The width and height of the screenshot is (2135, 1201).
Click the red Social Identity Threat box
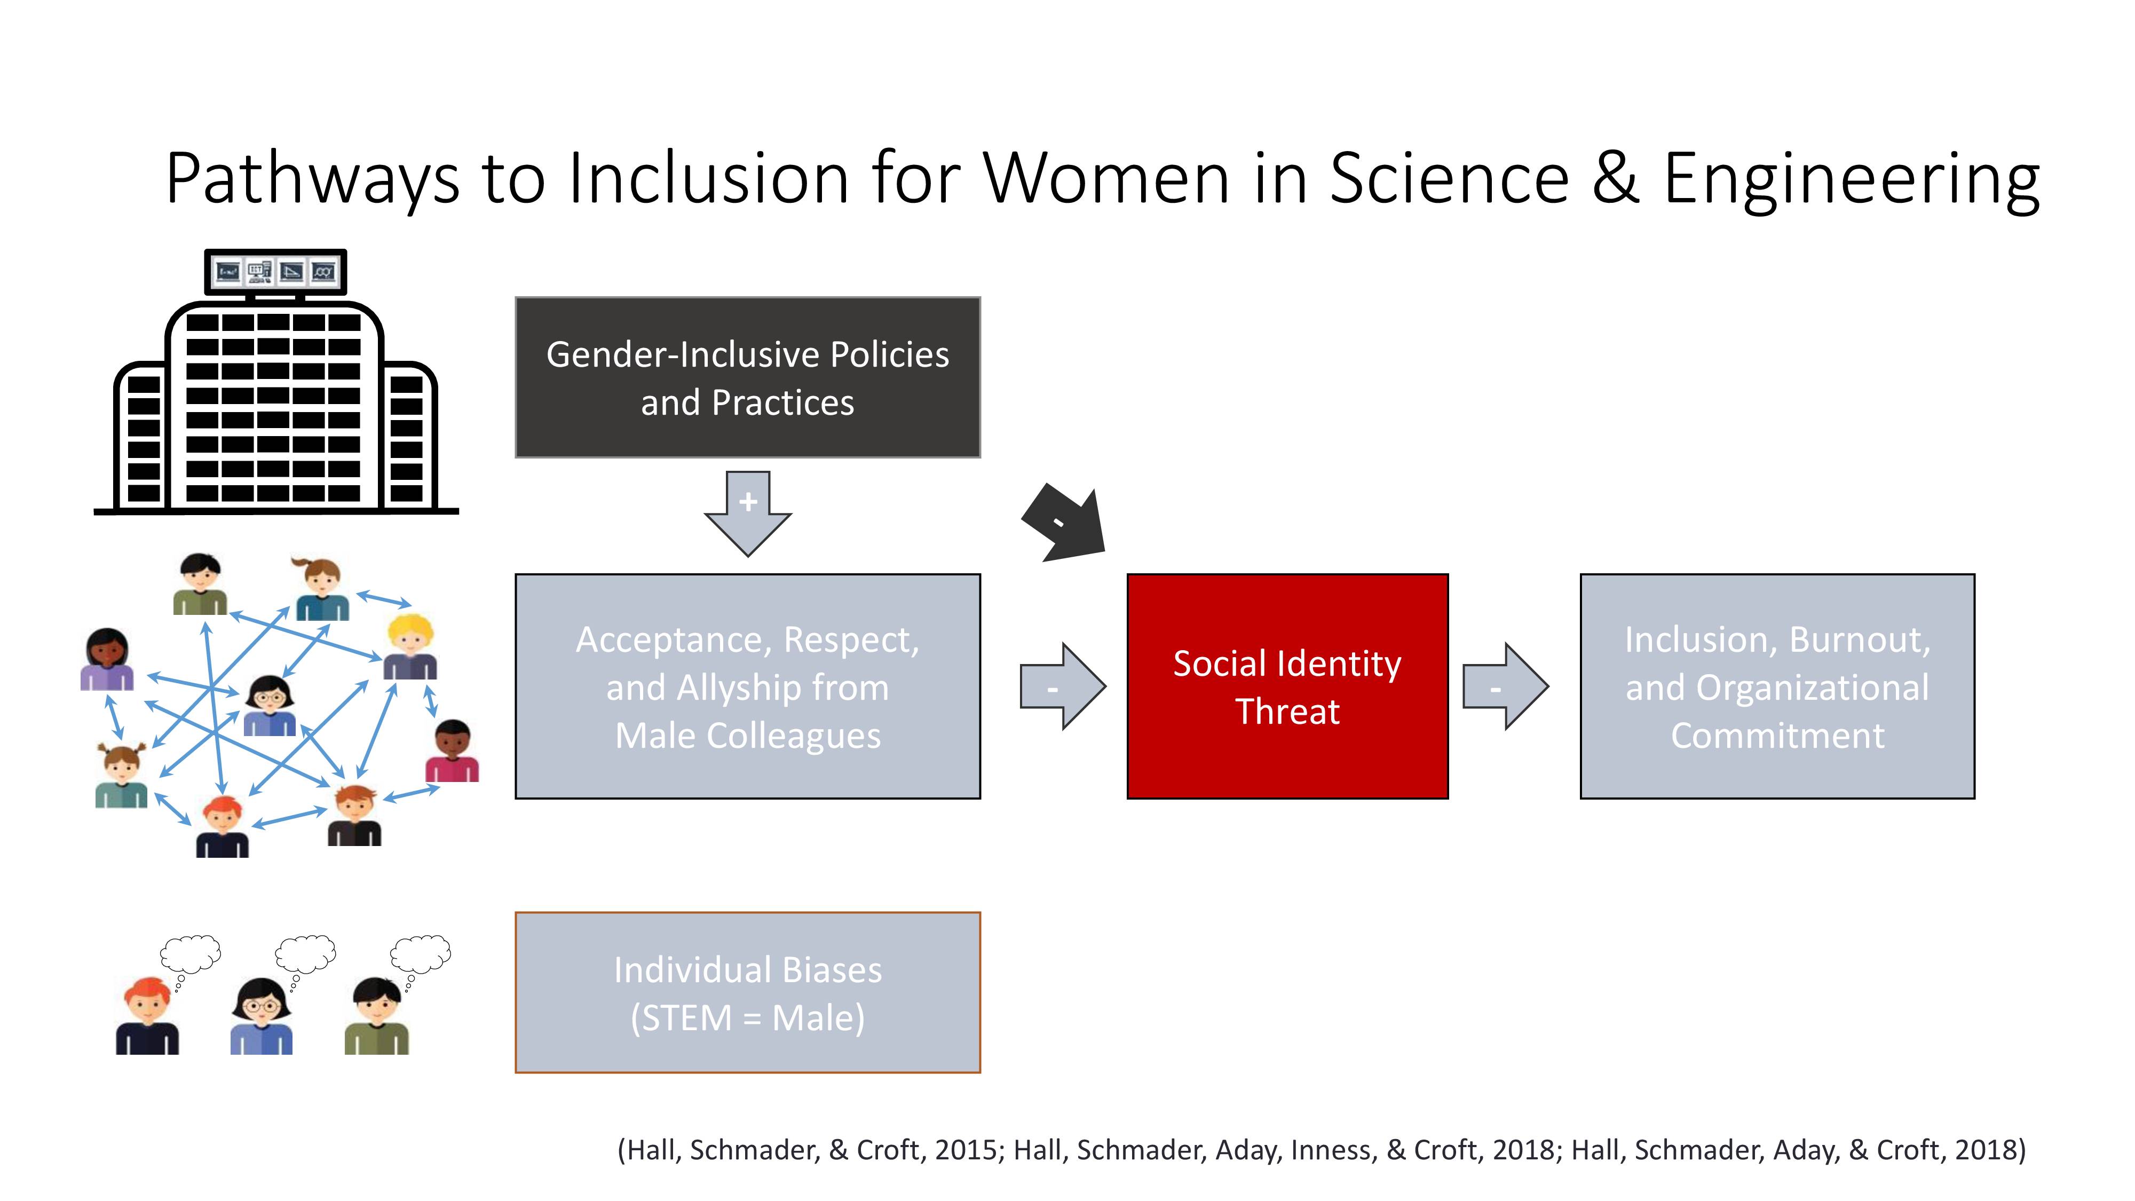(1287, 686)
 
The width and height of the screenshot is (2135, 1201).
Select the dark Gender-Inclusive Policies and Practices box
(748, 377)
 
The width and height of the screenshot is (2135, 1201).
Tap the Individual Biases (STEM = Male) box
(748, 992)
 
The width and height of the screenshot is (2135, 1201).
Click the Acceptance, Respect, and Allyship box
(748, 686)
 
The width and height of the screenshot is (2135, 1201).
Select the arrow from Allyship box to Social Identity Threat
(1063, 686)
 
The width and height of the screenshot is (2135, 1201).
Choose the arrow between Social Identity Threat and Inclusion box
(1506, 686)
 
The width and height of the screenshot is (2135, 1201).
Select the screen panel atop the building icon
(275, 272)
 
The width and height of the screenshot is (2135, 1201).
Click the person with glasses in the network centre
(270, 705)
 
